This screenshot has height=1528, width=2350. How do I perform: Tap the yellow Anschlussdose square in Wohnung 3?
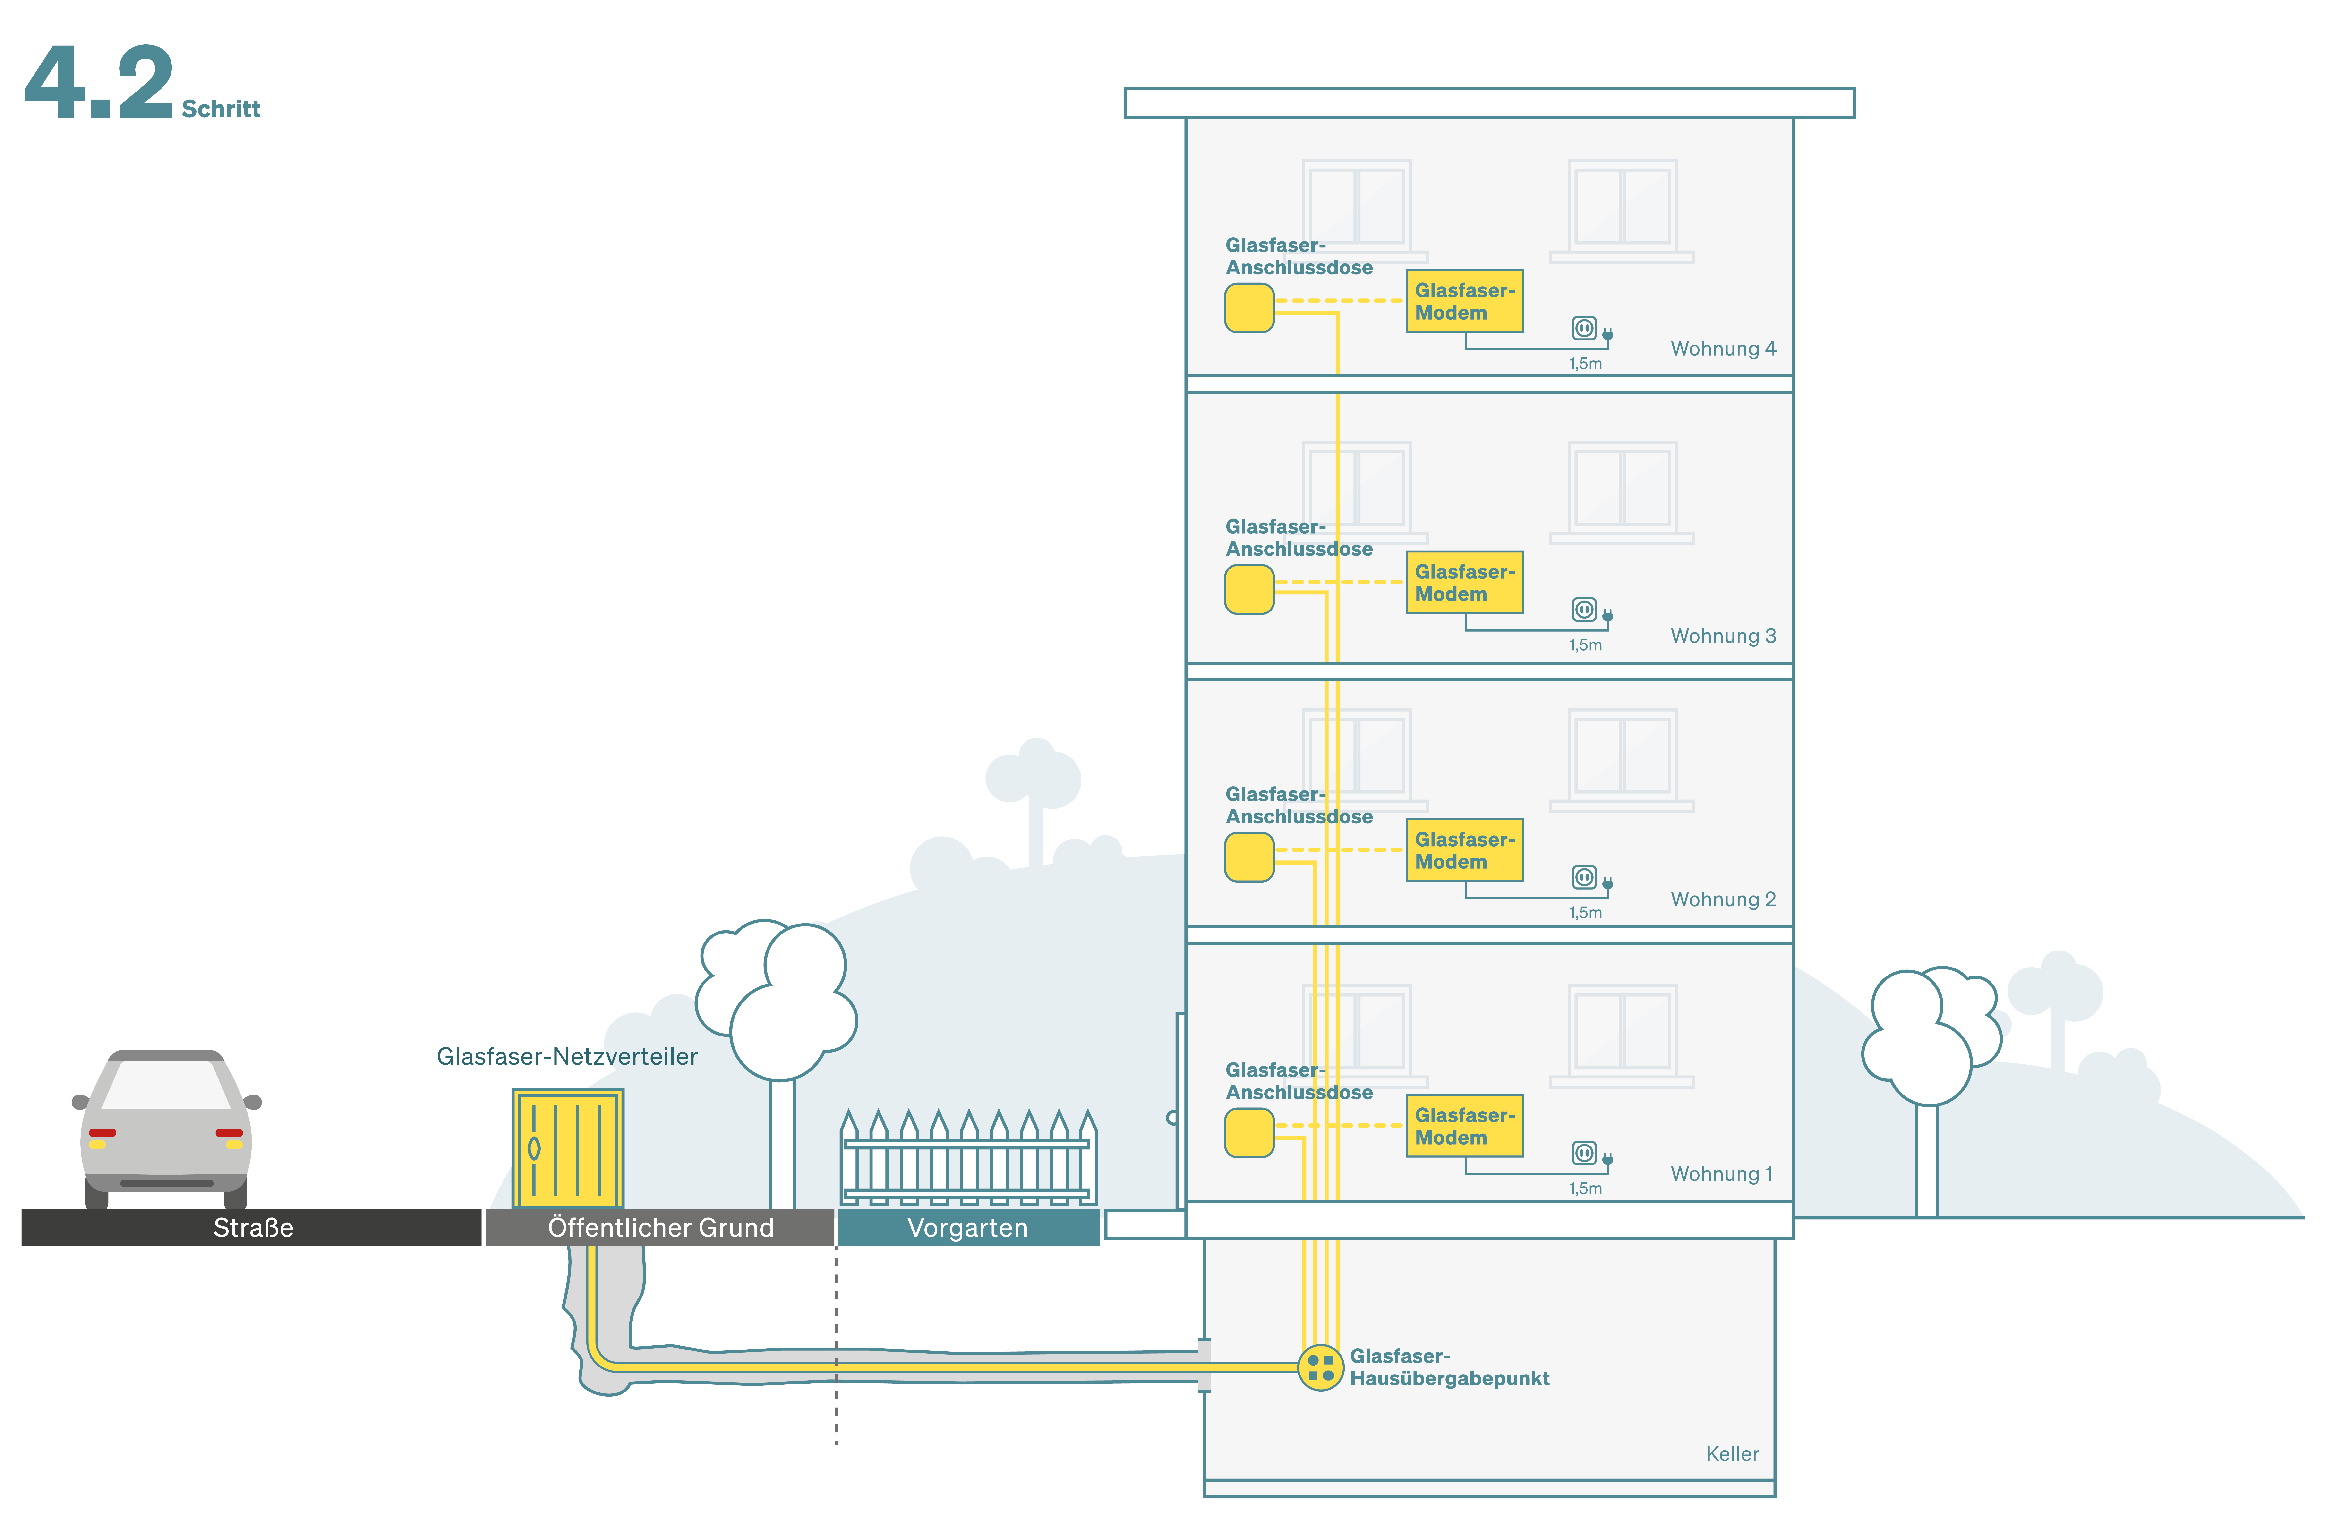(x=1249, y=589)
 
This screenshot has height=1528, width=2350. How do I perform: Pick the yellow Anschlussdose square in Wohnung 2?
(x=1249, y=857)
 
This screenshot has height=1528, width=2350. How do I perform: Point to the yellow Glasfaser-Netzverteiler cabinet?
(x=568, y=1148)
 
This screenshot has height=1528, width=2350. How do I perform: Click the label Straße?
(x=253, y=1228)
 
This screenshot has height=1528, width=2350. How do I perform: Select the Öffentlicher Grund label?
(x=661, y=1228)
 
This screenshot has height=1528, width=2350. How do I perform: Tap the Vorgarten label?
(x=968, y=1228)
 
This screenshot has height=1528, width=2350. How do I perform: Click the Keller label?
(x=1732, y=1454)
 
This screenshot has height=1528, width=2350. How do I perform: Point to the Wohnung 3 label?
(x=1723, y=636)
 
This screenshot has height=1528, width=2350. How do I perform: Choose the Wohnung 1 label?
(x=1721, y=1174)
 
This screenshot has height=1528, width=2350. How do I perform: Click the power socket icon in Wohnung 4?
(x=1584, y=328)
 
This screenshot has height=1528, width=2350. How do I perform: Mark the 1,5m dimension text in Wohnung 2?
(x=1585, y=912)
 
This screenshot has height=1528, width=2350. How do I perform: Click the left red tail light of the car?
(x=103, y=1132)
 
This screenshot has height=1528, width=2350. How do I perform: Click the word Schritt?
(x=221, y=109)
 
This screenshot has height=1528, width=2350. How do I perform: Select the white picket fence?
(x=968, y=1160)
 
